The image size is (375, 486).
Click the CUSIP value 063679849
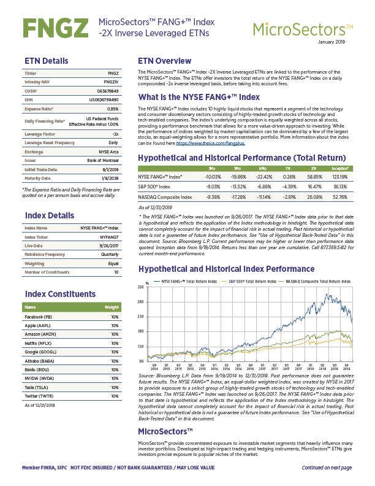(107, 90)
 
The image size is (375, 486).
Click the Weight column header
(112, 306)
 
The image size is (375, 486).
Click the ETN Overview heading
(164, 61)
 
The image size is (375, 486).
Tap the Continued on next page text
(327, 468)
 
